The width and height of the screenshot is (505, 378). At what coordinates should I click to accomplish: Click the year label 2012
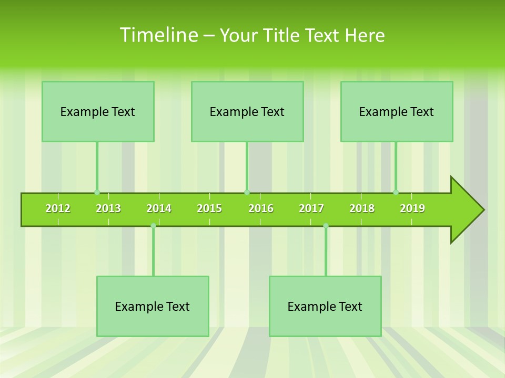pos(58,208)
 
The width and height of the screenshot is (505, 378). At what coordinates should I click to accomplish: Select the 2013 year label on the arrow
pos(108,208)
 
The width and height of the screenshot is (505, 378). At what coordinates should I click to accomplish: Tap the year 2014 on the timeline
pos(159,208)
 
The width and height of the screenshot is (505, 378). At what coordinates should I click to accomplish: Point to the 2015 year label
pos(209,208)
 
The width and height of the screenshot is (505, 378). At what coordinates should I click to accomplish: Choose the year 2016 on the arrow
pos(261,208)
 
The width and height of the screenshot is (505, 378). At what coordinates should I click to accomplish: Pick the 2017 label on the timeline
pos(311,208)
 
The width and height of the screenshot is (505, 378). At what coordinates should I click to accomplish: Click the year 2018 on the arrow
pos(362,208)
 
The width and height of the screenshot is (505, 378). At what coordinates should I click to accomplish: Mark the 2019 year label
pos(412,208)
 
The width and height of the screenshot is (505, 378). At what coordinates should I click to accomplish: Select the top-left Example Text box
pos(98,111)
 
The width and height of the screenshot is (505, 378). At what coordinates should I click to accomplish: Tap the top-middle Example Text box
pos(247,111)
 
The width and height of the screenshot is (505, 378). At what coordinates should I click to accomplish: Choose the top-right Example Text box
pos(397,111)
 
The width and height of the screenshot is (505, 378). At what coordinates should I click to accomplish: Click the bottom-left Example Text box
pos(153,306)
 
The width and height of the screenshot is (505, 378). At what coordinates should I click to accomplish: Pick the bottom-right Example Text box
pos(325,306)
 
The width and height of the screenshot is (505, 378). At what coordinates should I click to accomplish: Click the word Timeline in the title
pos(158,35)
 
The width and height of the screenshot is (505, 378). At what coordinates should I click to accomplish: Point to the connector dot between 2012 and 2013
pos(97,192)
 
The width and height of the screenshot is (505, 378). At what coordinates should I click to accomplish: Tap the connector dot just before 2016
pos(247,192)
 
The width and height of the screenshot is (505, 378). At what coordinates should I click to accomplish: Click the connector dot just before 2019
pos(396,192)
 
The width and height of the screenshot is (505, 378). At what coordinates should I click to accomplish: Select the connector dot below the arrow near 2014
pos(153,226)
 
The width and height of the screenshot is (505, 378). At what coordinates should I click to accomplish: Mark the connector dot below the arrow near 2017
pos(326,226)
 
